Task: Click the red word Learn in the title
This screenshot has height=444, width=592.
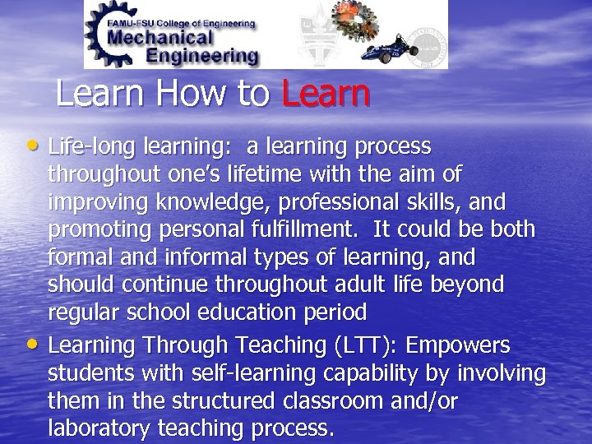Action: pos(326,95)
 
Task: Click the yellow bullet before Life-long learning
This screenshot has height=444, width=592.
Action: pos(38,146)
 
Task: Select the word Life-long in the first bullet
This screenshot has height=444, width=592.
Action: pos(83,147)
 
